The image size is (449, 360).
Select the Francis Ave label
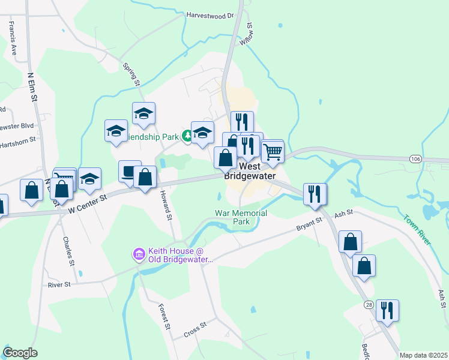(x=12, y=38)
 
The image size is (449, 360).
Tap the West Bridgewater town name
(x=250, y=171)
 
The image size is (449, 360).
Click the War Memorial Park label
(x=241, y=217)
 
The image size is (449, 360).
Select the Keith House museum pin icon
(x=139, y=255)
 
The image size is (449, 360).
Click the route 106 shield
(x=415, y=158)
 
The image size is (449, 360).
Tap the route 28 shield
(x=369, y=305)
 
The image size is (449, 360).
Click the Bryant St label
(x=310, y=224)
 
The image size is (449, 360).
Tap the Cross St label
(x=195, y=329)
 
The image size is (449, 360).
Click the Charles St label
(x=68, y=251)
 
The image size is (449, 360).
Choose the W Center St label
(x=87, y=203)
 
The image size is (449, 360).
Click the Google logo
(x=20, y=353)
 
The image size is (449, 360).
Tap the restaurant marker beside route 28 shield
(x=387, y=311)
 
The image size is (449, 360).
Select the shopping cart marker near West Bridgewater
(x=273, y=151)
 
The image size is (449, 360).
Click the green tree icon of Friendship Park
(x=188, y=137)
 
